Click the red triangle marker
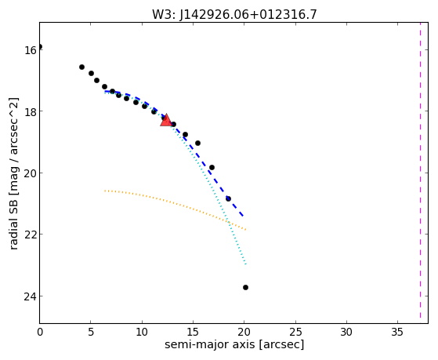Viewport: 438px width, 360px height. (166, 120)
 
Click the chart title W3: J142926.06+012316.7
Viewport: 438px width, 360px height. (234, 14)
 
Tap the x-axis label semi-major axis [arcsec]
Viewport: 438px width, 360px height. (234, 344)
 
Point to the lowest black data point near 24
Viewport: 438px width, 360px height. (245, 287)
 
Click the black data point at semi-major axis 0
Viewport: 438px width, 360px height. (40, 46)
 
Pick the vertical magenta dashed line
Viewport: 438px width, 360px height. (420, 170)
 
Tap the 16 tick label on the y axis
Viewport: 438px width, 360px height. (30, 50)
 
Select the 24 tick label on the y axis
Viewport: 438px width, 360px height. (30, 296)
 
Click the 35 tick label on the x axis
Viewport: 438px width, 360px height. (397, 332)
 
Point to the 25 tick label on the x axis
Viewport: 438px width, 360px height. (295, 332)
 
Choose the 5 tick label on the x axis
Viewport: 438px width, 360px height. (91, 332)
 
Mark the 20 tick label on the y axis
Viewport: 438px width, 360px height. (30, 173)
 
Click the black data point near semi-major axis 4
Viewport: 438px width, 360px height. (81, 67)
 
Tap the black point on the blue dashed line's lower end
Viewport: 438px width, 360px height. (228, 198)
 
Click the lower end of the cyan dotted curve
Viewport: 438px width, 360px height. (246, 264)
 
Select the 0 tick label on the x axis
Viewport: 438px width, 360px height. (40, 332)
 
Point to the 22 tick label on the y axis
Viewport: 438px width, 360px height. (30, 235)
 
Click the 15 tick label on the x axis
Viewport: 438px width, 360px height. (193, 332)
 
